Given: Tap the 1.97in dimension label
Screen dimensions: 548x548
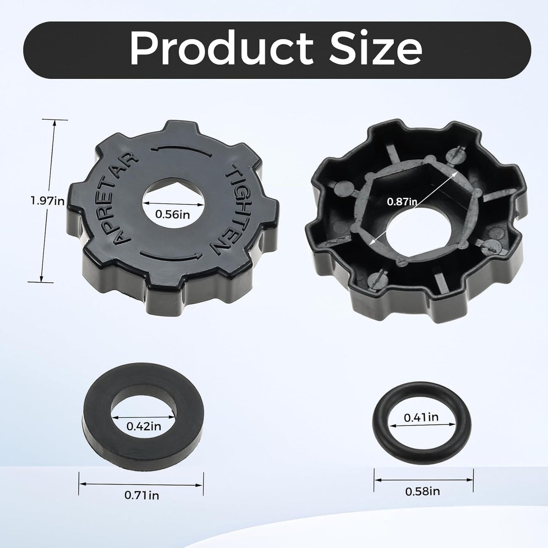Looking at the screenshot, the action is pos(47,201).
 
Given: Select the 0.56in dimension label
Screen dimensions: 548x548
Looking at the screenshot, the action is pos(172,214).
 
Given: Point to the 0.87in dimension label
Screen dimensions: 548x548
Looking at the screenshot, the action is pos(402,202).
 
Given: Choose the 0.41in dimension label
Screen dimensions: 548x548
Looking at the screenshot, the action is pos(421,418).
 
